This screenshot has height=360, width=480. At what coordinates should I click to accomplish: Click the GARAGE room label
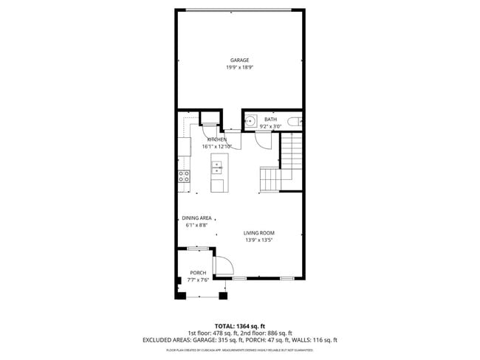tap(239, 60)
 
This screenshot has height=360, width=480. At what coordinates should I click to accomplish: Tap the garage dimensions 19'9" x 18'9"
tap(239, 67)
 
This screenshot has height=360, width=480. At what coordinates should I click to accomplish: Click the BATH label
tap(270, 120)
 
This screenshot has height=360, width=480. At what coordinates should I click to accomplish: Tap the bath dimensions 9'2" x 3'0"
tap(270, 126)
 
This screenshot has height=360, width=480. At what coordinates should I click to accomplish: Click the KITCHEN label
tap(216, 139)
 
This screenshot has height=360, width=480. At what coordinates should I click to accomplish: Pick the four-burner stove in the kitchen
tap(184, 176)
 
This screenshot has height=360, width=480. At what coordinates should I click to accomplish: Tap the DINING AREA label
tap(197, 218)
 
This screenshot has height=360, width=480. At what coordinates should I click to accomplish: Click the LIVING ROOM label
tap(259, 233)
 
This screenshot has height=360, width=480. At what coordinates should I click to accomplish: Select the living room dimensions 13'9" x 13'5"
tap(259, 240)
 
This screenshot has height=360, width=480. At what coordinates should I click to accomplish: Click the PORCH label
tap(198, 273)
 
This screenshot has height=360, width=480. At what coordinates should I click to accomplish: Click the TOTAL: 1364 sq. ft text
tap(240, 325)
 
